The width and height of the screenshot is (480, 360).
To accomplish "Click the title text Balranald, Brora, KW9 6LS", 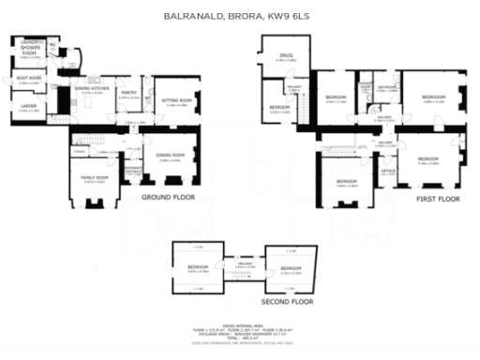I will click(239, 16).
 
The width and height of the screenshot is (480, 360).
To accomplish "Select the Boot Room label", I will click(29, 79).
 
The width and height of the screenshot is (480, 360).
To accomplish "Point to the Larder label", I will click(29, 107).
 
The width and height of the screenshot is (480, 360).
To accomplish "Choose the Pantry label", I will click(129, 93).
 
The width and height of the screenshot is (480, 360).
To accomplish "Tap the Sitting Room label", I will click(177, 100).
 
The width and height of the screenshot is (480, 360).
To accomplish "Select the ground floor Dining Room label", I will click(171, 156).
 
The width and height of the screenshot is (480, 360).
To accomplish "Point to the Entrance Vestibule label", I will click(132, 171).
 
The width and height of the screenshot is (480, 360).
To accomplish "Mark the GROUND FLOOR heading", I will click(168, 198).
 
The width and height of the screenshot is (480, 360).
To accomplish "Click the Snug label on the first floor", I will click(285, 56).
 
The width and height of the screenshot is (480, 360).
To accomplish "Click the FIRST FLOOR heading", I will click(438, 200).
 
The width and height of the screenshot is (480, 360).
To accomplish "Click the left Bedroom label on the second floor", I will click(197, 267).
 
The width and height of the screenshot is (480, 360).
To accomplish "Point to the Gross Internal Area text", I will click(241, 321).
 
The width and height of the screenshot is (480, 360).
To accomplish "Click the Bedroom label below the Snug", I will click(278, 107).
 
